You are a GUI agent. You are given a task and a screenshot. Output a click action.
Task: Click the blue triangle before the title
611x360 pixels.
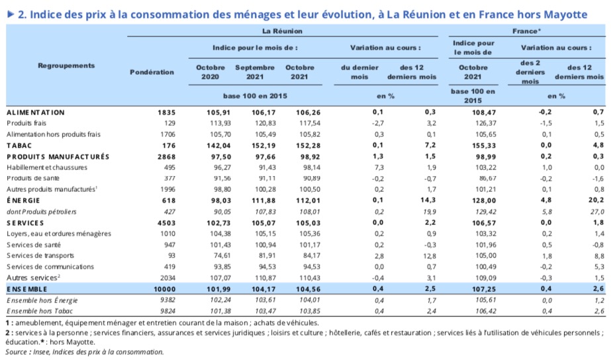(11, 15)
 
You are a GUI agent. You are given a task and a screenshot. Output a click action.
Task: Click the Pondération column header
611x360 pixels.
(152, 72)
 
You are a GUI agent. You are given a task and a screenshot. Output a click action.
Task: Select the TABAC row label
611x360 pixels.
(19, 146)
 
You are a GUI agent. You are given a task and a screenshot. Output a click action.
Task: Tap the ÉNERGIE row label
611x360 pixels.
(23, 201)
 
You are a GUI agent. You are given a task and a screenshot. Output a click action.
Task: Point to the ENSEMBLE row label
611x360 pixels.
(27, 289)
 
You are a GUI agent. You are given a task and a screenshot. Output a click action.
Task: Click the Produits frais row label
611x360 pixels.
(26, 123)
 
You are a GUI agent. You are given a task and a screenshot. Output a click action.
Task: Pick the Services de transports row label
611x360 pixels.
(40, 255)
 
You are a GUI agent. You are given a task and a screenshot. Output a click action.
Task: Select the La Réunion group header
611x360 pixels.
(282, 31)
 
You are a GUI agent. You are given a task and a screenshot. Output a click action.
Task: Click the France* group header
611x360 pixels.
(526, 31)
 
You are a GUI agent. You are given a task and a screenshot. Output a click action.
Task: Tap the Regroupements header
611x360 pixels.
(66, 66)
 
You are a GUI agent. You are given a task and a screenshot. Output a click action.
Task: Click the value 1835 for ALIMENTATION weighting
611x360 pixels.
(166, 112)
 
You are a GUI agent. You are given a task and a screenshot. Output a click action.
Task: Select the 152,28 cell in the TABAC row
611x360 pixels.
(308, 146)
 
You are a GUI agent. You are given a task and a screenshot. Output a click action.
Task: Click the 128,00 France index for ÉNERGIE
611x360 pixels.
(484, 201)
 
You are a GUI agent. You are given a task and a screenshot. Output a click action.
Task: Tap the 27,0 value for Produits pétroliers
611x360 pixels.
(597, 212)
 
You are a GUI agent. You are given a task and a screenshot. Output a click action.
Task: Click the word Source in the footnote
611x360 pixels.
(16, 352)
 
